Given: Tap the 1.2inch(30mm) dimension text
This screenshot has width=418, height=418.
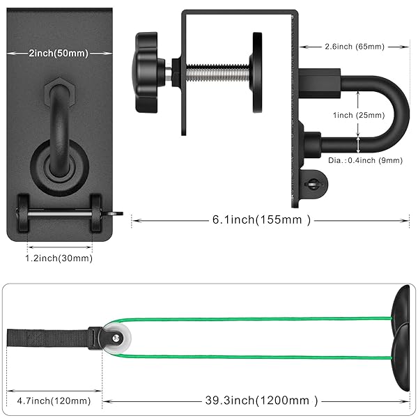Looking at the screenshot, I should coord(60,258).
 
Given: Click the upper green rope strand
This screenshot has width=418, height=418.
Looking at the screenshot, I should coord(251,319).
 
